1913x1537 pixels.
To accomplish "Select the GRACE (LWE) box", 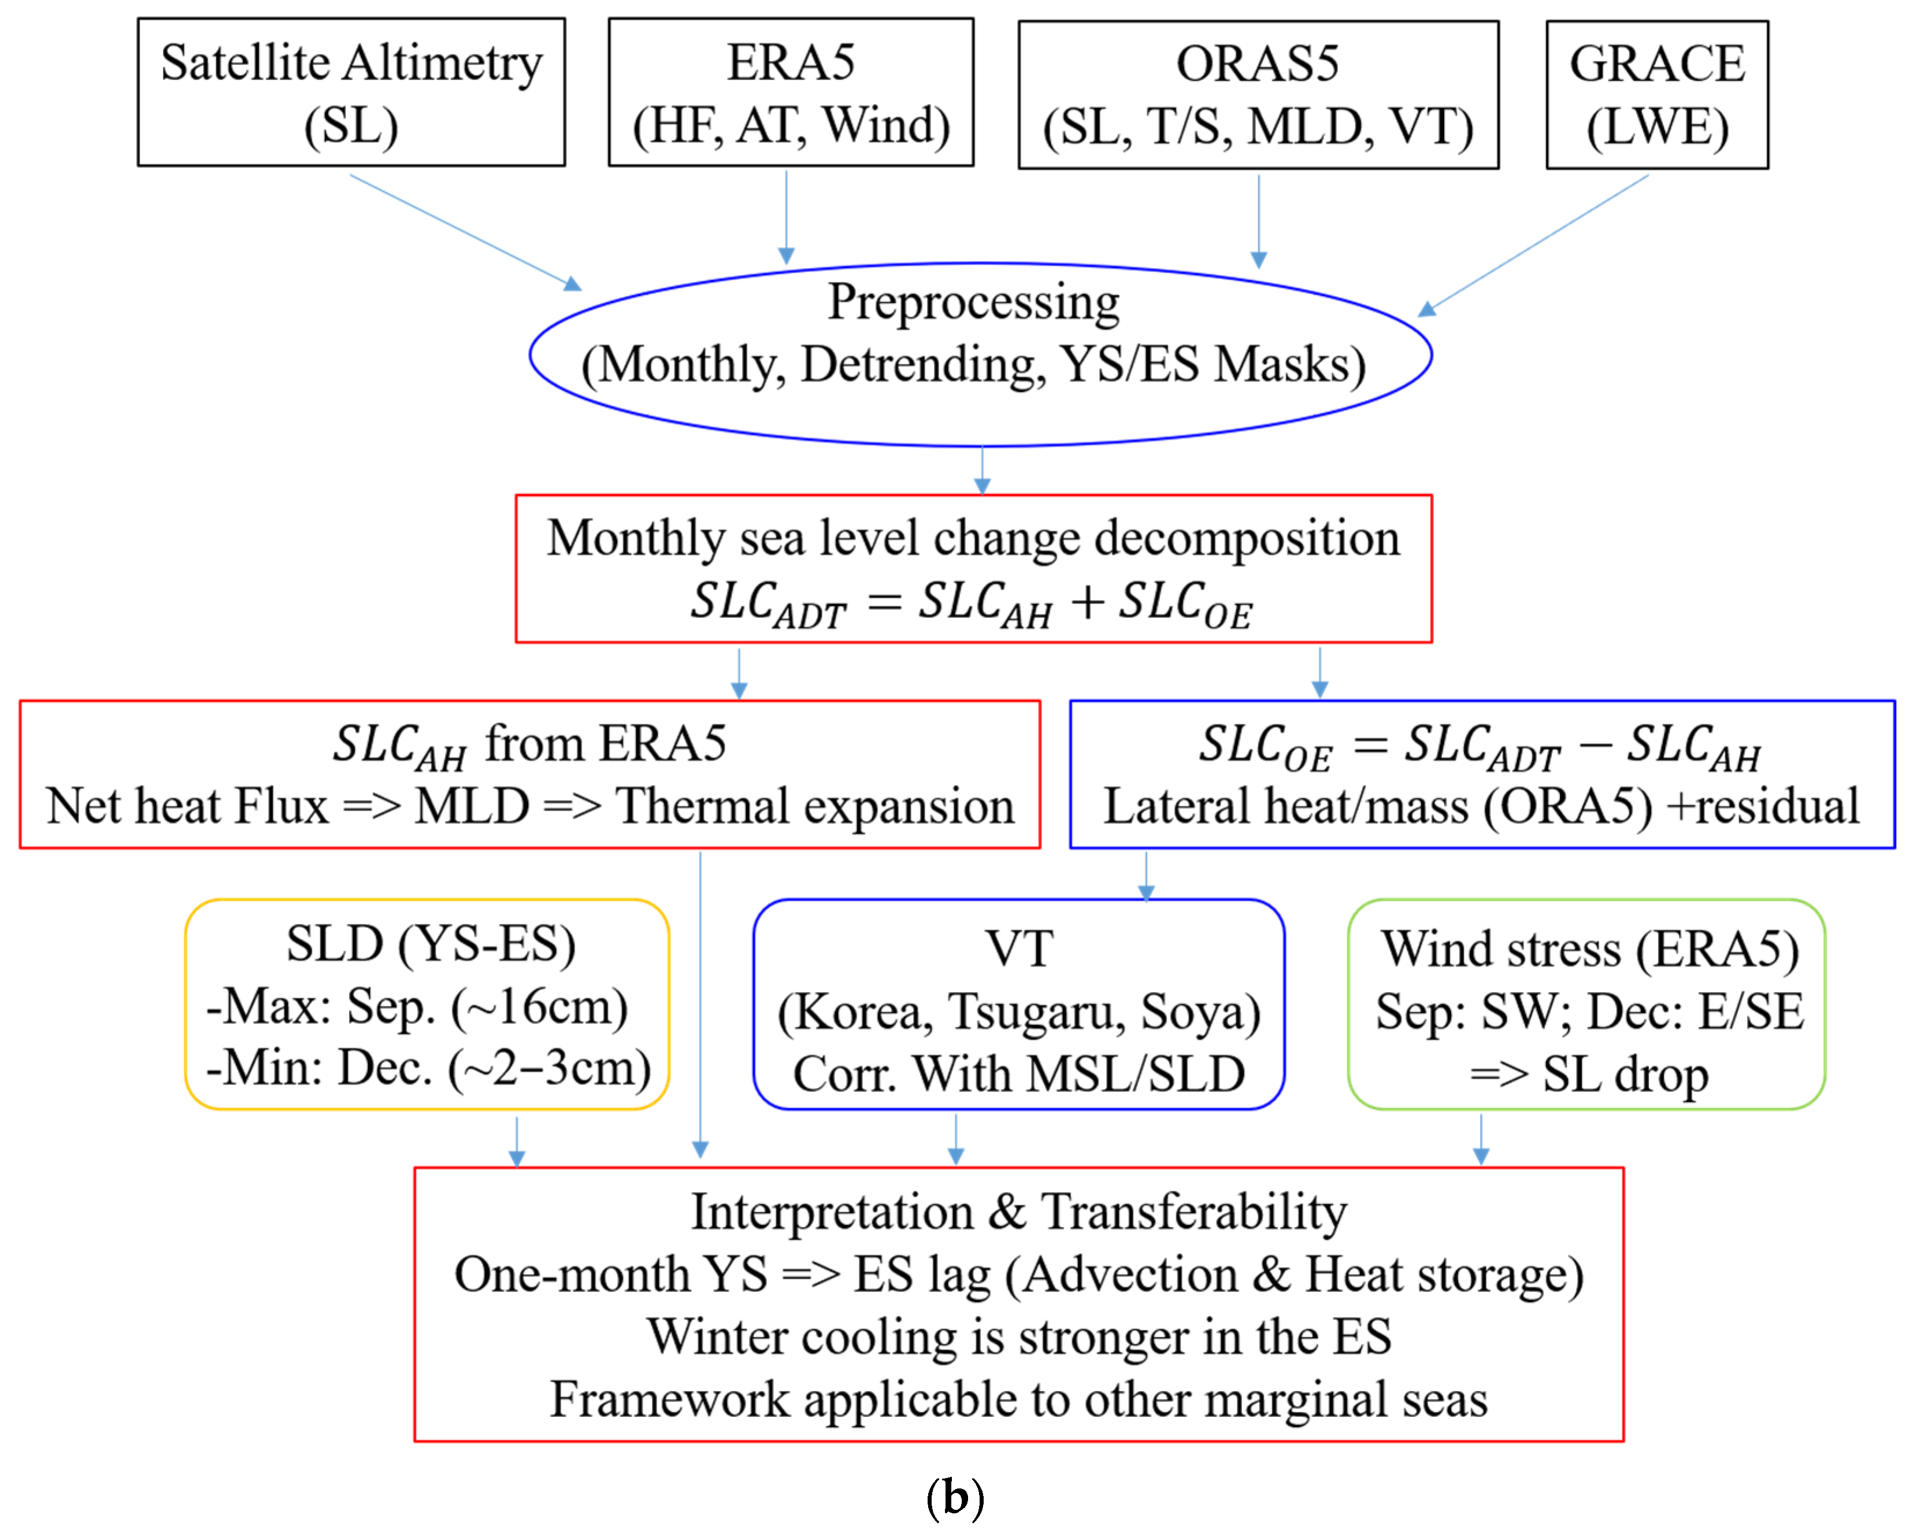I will coord(1656,94).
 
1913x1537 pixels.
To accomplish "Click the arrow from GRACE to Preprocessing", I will coord(1533,244).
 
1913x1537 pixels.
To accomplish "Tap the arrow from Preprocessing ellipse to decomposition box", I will coord(981,471).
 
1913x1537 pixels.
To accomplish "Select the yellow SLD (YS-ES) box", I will coord(427,1003).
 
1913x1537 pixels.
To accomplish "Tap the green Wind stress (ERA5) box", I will coord(1585,1003).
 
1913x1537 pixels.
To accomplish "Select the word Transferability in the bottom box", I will coord(1193,1212).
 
